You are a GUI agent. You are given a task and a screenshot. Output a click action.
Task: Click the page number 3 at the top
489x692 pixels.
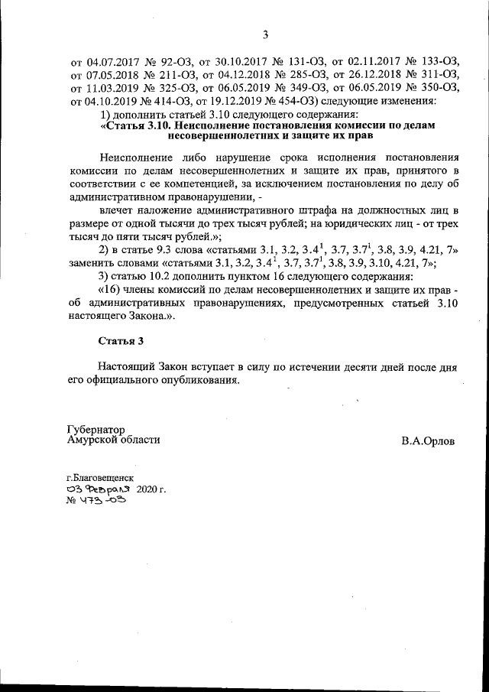[266, 34]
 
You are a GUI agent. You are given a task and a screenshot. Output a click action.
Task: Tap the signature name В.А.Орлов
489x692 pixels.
[427, 441]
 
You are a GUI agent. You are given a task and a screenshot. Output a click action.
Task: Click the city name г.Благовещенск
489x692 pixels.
[105, 476]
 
